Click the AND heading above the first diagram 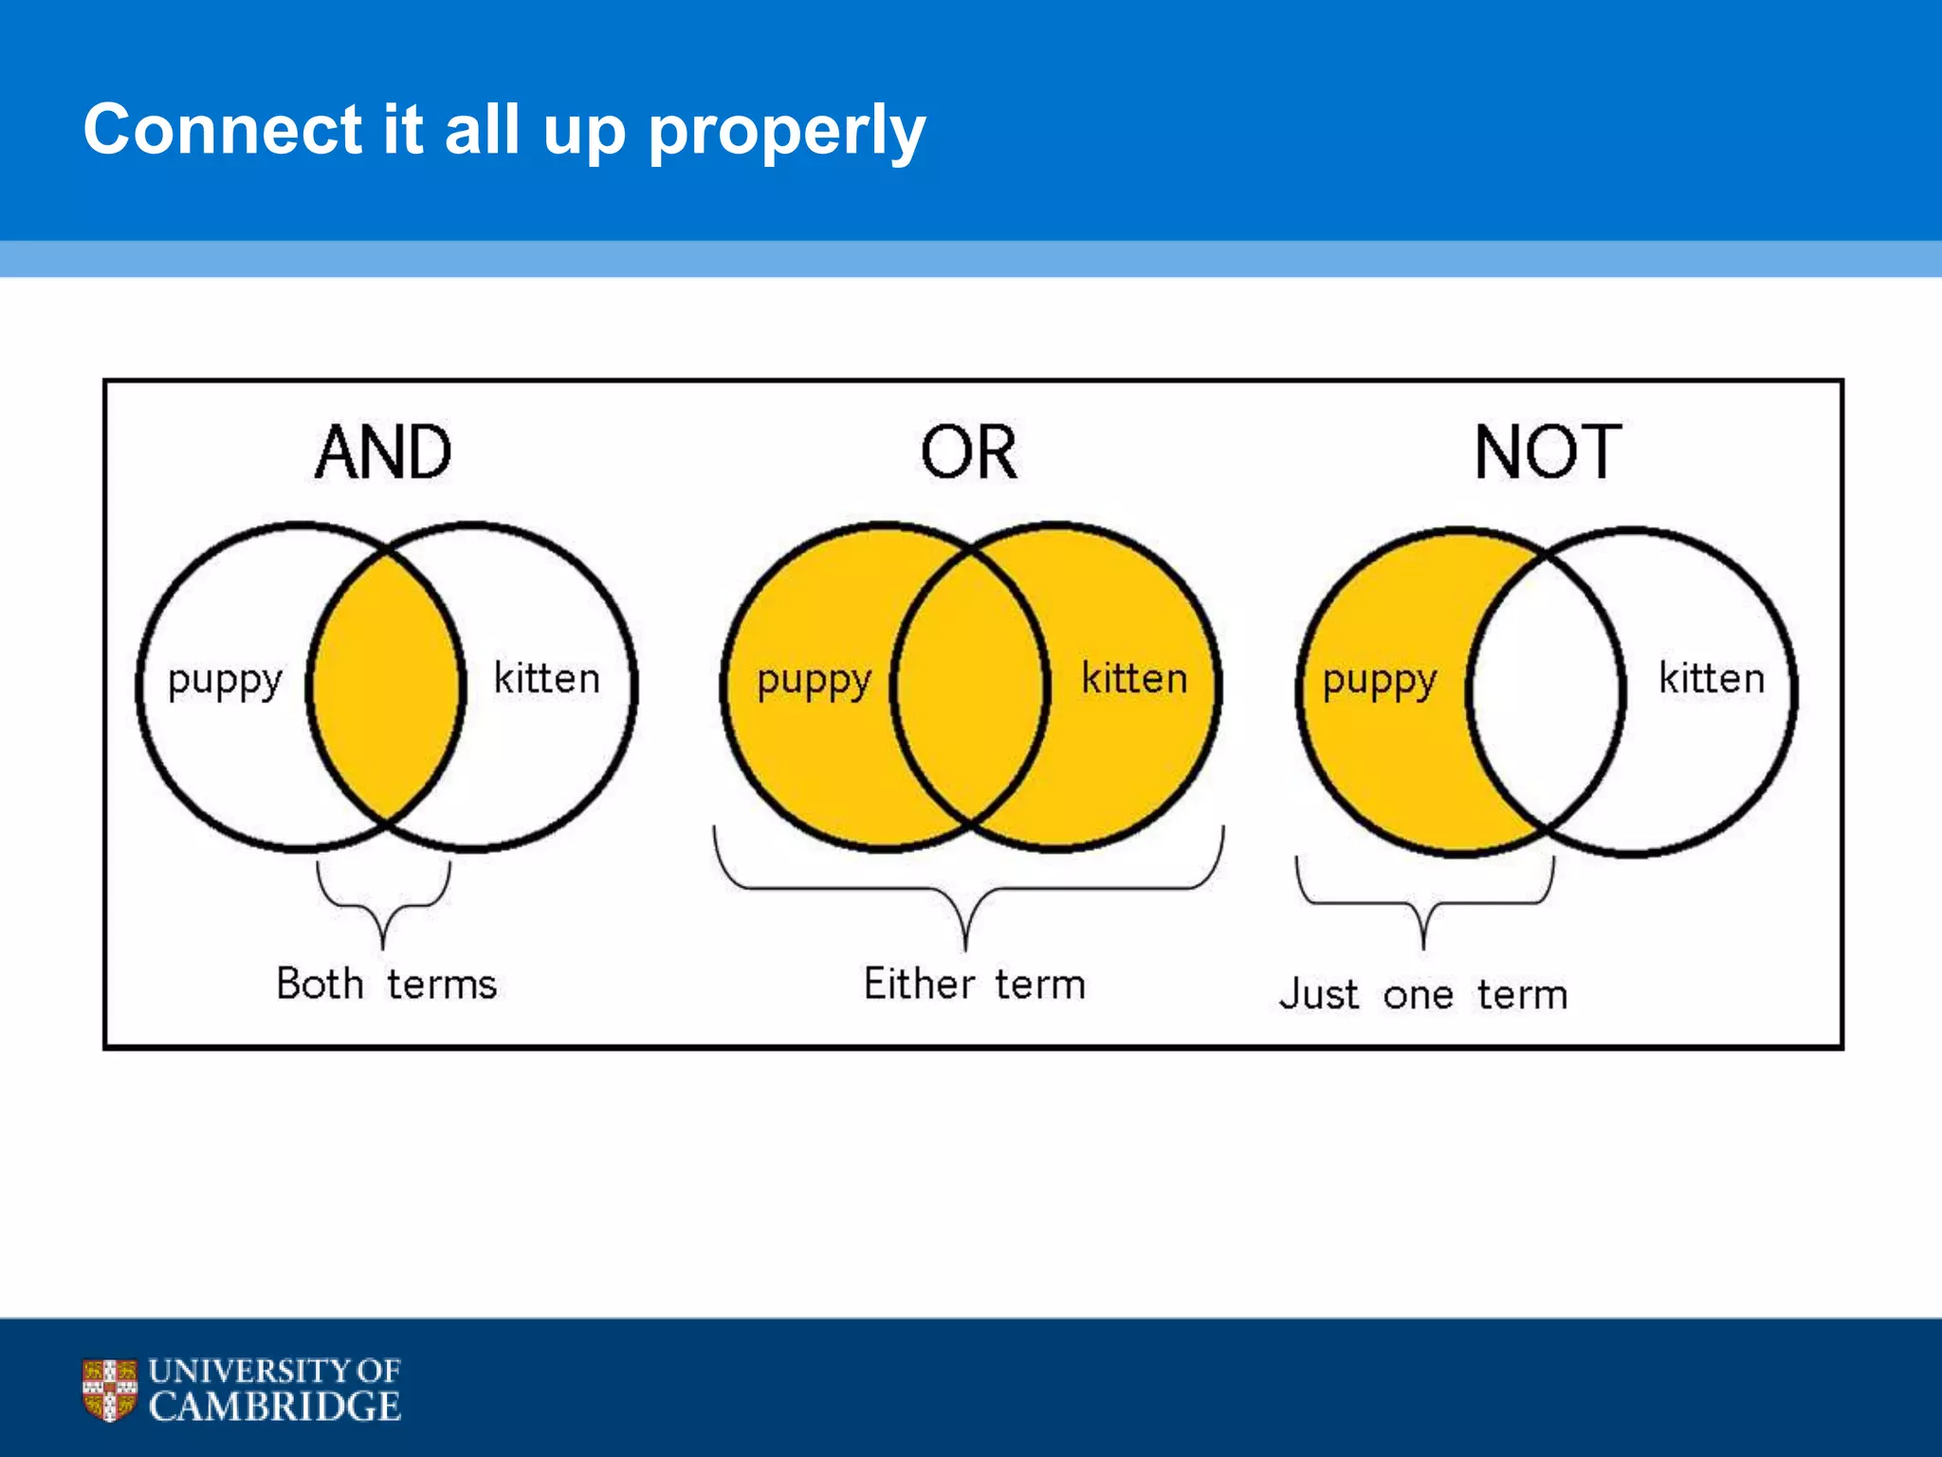(x=383, y=452)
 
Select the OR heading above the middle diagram (x=969, y=452)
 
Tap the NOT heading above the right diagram (x=1548, y=452)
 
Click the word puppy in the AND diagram (x=225, y=681)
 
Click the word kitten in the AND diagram (x=547, y=678)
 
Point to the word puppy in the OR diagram (x=814, y=681)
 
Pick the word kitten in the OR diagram (x=1134, y=678)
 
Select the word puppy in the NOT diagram (x=1380, y=681)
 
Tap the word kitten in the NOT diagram (x=1712, y=678)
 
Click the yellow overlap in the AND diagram (x=386, y=686)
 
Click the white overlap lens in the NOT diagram (x=1546, y=692)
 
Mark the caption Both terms (x=386, y=984)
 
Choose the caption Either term (x=974, y=984)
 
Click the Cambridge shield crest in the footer (x=110, y=1390)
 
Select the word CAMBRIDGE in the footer (x=275, y=1406)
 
